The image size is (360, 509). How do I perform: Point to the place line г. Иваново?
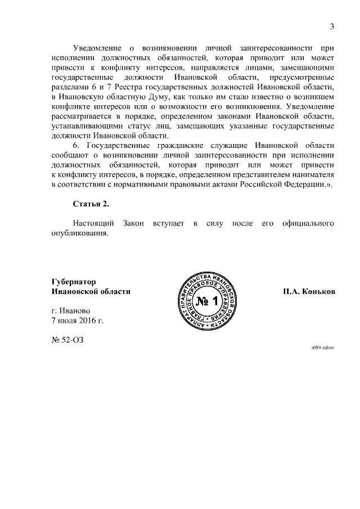[70, 310]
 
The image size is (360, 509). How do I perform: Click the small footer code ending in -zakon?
[323, 348]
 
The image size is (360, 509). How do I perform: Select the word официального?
[308, 224]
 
